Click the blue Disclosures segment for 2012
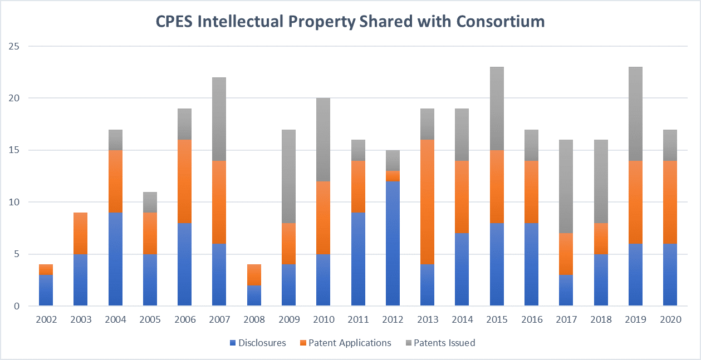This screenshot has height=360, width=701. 393,243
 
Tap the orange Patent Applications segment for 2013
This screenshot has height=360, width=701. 427,202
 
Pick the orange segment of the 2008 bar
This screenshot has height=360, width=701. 254,275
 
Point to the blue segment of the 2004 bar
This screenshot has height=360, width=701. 116,259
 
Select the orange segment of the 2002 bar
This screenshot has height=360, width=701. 46,269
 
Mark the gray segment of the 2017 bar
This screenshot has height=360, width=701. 566,186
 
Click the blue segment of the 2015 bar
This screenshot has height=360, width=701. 497,264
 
